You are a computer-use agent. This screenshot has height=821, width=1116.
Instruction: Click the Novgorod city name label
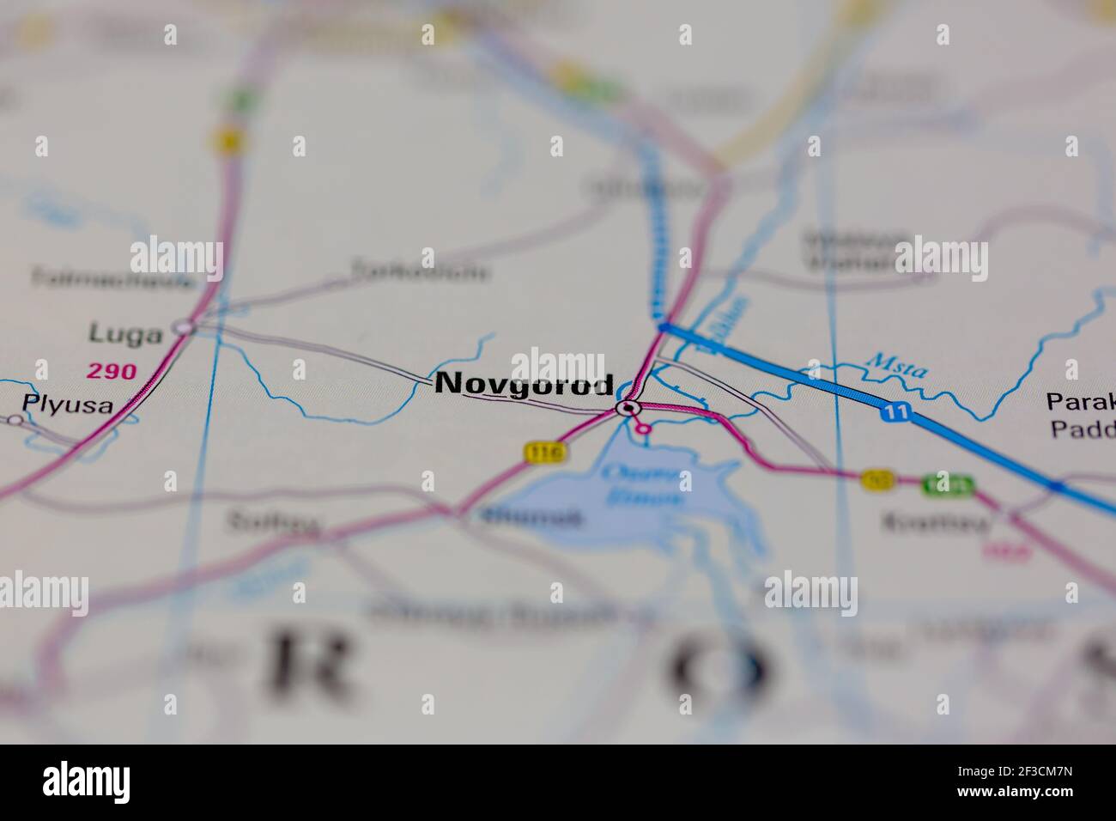point(524,384)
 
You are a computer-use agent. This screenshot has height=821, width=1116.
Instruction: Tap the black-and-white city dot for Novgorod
point(629,408)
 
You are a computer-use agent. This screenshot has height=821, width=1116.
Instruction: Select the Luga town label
point(125,334)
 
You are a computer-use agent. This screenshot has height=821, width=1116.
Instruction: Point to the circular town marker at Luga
point(183,326)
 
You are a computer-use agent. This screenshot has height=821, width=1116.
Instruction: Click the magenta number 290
point(111,371)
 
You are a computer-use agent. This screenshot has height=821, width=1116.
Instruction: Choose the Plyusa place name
point(68,404)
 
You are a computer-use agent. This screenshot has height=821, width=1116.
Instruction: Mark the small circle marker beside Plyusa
point(14,419)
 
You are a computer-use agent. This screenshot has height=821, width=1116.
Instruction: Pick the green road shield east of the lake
point(949,485)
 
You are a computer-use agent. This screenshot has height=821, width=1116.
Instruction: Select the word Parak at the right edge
point(1080,402)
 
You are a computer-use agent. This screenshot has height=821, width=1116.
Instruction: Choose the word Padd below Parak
point(1082,429)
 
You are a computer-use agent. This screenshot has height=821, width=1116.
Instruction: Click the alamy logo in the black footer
point(86,782)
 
